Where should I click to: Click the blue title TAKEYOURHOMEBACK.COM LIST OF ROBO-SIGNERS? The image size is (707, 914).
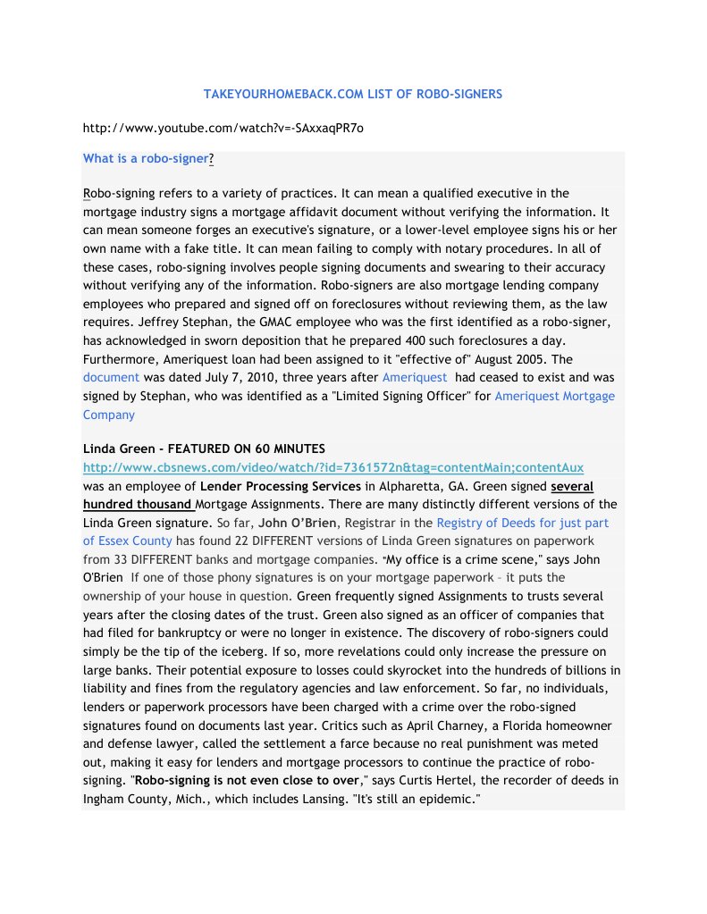pos(353,94)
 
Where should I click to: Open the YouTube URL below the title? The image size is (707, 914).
pos(223,128)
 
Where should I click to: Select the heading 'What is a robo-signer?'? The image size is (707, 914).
pos(148,159)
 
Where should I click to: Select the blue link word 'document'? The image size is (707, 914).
pos(111,377)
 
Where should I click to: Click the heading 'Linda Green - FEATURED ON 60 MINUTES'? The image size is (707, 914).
pos(204,449)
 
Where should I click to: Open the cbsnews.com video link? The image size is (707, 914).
pos(332,467)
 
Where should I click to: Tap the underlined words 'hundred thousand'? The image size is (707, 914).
pos(136,504)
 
